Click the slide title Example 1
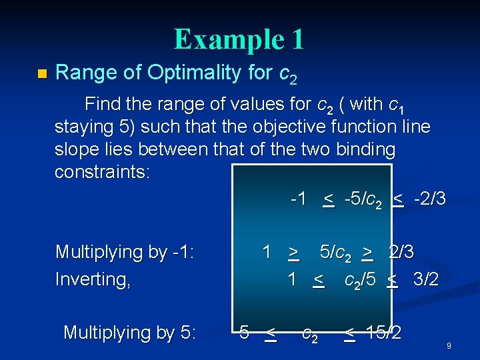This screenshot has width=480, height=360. (x=239, y=39)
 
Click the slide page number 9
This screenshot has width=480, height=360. (x=449, y=346)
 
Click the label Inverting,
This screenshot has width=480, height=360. (x=93, y=279)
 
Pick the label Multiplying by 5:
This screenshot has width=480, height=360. (x=129, y=332)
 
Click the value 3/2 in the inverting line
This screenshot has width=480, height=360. (x=426, y=279)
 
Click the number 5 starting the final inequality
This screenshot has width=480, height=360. (x=245, y=331)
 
